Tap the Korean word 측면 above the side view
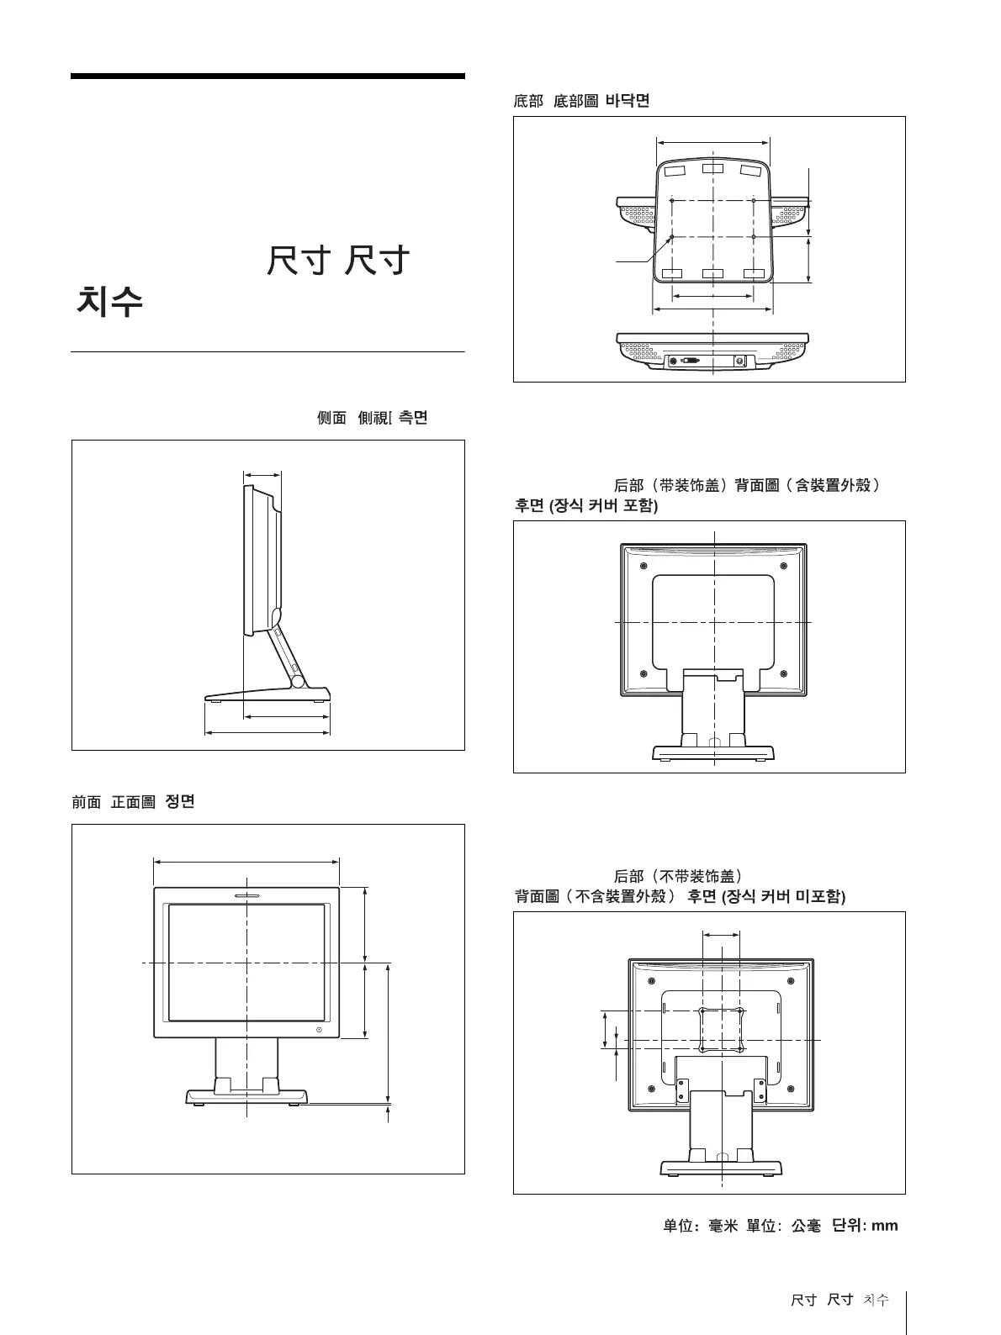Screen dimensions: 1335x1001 click(412, 417)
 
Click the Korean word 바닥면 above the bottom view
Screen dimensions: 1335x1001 click(628, 100)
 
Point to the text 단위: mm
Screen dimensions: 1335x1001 click(865, 1225)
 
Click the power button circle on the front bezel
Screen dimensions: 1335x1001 click(320, 1030)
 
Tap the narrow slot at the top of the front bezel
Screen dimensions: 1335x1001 click(246, 895)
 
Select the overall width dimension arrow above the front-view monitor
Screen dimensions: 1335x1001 click(246, 861)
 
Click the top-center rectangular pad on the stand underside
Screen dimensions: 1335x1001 click(712, 170)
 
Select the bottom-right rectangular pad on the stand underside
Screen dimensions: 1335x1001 click(755, 273)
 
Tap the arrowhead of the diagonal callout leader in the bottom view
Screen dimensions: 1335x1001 click(670, 238)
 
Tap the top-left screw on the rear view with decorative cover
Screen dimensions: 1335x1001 click(643, 565)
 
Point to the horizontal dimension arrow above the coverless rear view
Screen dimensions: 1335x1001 click(721, 933)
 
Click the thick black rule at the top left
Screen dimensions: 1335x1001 click(267, 76)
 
